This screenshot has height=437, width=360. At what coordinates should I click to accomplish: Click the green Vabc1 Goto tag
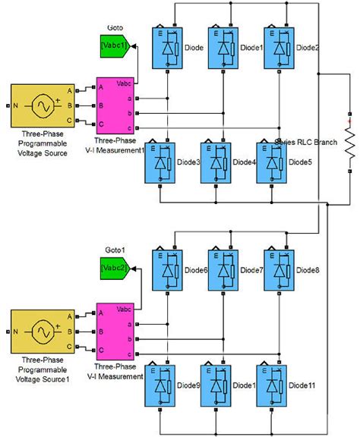pyautogui.click(x=114, y=46)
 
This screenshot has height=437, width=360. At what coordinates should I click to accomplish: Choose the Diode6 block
pyautogui.click(x=167, y=271)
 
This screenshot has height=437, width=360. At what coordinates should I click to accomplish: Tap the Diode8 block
pyautogui.click(x=279, y=271)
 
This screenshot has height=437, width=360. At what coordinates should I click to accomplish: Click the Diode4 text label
pyautogui.click(x=244, y=162)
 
